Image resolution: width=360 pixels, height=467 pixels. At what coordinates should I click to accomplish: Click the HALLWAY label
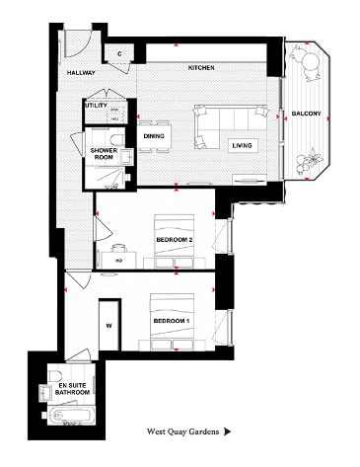point(81,73)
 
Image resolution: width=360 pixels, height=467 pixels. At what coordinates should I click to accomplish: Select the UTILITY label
point(96,104)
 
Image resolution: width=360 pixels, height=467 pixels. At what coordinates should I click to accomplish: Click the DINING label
point(154,136)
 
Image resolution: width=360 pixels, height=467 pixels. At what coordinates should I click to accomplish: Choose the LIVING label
point(242,145)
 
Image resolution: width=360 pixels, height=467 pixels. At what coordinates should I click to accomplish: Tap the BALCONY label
point(307,115)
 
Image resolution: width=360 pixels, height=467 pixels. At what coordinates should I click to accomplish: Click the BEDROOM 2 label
point(176,239)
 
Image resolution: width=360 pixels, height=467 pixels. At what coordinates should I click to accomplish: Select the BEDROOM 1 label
point(172,322)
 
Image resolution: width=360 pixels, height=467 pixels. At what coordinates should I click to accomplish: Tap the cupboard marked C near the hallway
point(119,53)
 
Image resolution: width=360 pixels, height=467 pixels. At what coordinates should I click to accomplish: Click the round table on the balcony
point(310,66)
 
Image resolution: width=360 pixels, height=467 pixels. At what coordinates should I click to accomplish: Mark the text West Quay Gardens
point(182,431)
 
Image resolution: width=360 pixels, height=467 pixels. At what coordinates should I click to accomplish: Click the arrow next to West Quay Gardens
point(229,431)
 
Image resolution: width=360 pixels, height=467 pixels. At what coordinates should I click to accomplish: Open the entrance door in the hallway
point(72,44)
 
